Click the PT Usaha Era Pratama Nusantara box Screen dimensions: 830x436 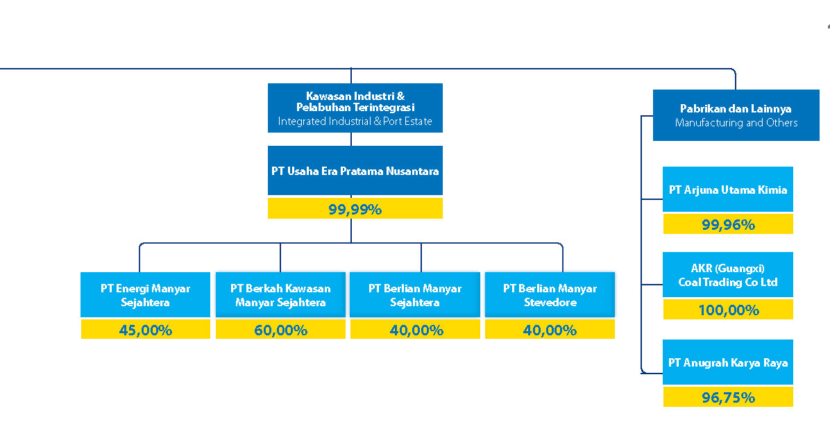pyautogui.click(x=355, y=171)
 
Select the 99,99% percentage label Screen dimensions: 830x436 pyautogui.click(x=355, y=209)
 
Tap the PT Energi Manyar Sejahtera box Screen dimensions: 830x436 pyautogui.click(x=146, y=294)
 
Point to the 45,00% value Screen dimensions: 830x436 pyautogui.click(x=146, y=330)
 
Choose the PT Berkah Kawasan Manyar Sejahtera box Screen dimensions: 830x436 pyautogui.click(x=280, y=294)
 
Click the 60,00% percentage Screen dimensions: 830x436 pyautogui.click(x=280, y=330)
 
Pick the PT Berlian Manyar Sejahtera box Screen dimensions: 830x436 pyautogui.click(x=415, y=294)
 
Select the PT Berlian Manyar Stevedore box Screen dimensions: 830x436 pyautogui.click(x=550, y=294)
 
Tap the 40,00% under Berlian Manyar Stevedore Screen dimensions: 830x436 pyautogui.click(x=550, y=330)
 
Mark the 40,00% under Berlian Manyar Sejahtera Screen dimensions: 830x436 pyautogui.click(x=416, y=330)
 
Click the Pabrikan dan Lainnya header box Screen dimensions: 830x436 pyautogui.click(x=736, y=115)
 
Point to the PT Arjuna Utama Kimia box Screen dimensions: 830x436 pyautogui.click(x=728, y=189)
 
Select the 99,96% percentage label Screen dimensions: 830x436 pyautogui.click(x=729, y=225)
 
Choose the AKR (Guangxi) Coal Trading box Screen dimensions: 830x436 pyautogui.click(x=728, y=274)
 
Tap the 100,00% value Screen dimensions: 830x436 pyautogui.click(x=729, y=310)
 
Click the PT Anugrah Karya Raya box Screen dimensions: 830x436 pyautogui.click(x=728, y=362)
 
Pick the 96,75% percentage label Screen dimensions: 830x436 pyautogui.click(x=729, y=397)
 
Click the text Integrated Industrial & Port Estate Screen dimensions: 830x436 pyautogui.click(x=355, y=121)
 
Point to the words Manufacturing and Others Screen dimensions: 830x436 pyautogui.click(x=736, y=122)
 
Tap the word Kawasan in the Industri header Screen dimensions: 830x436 pyautogui.click(x=328, y=96)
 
